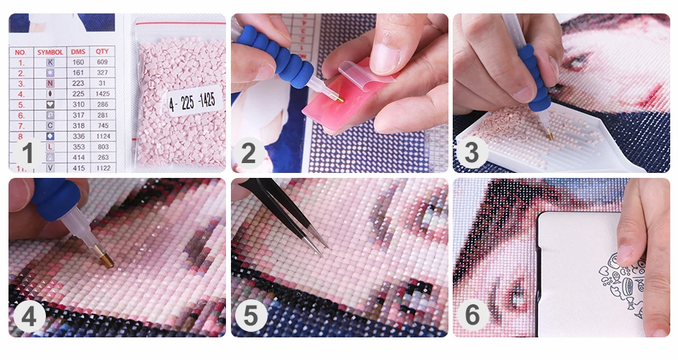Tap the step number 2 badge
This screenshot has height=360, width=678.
249,153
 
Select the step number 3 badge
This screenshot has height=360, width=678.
471,153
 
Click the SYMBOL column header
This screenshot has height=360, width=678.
50,52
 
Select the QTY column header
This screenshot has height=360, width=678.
102,52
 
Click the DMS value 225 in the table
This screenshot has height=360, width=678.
79,93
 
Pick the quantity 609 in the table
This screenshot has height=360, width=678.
102,62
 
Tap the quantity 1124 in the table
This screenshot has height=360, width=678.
102,136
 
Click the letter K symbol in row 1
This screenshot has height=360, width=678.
50,62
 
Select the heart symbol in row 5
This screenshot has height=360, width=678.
50,104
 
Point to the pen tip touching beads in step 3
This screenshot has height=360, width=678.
549,133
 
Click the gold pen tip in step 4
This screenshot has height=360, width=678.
105,260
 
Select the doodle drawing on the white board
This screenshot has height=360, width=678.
621,282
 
